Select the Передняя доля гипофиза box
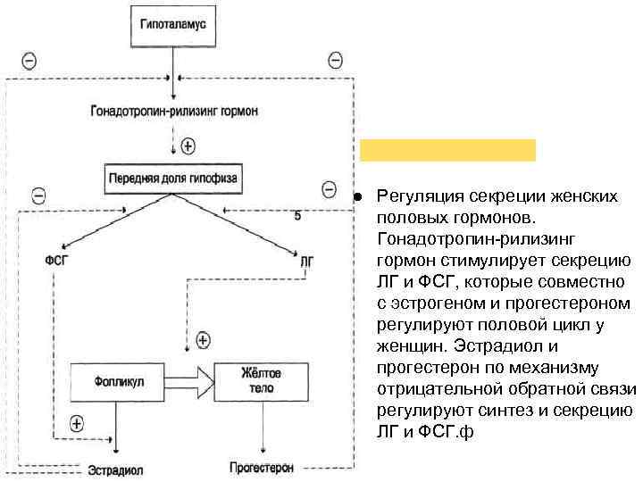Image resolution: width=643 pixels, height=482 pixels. coord(173,177)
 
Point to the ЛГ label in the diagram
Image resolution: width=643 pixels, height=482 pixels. coord(307,261)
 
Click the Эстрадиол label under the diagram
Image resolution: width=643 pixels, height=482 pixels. coord(115,470)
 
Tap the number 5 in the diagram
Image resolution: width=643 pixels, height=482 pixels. coord(297,216)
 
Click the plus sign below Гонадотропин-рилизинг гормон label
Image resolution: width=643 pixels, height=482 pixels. coord(187,145)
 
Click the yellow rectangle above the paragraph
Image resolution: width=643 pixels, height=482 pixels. coord(447,149)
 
